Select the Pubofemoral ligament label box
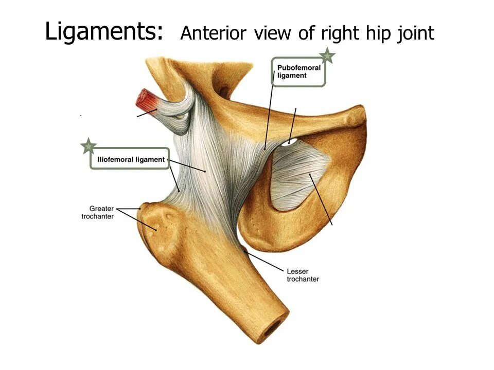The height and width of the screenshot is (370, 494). (298, 72)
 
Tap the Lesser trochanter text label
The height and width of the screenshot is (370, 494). (302, 275)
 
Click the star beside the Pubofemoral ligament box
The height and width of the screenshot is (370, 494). (327, 55)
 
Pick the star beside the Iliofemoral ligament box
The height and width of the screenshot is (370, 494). (89, 146)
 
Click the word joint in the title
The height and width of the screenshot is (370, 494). (416, 34)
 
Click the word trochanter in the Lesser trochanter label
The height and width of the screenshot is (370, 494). (302, 279)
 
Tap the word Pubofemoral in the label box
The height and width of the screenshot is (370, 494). (298, 68)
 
